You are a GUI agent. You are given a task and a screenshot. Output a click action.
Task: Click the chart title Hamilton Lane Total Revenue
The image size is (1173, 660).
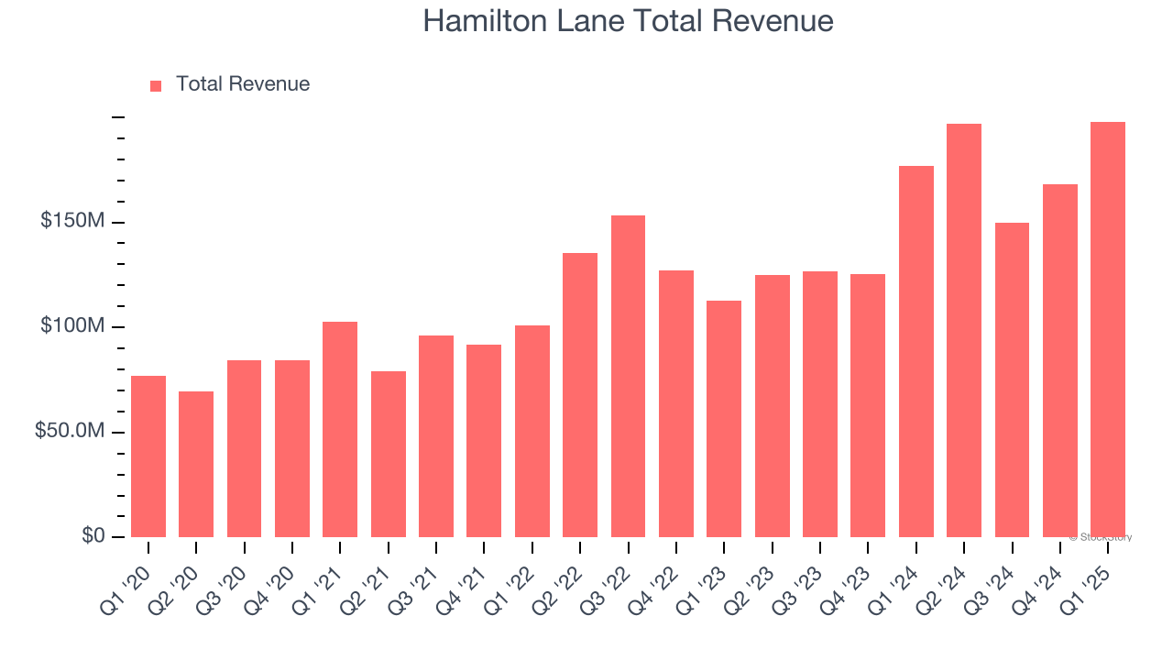click(x=628, y=21)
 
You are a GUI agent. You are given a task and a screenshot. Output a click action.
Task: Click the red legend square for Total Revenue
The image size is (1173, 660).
click(x=156, y=85)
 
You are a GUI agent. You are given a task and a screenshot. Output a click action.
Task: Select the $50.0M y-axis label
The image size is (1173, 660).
click(x=70, y=431)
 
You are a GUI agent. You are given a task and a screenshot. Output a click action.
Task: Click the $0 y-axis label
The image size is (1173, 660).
click(x=93, y=535)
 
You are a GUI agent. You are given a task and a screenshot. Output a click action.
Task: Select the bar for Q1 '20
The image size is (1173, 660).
click(x=148, y=456)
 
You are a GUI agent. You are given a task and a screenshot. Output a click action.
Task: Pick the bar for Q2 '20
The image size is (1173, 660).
click(x=196, y=464)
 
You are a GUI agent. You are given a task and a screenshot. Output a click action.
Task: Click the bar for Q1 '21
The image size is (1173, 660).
click(x=340, y=429)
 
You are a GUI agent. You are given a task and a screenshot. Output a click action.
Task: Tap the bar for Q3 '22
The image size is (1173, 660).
click(x=628, y=376)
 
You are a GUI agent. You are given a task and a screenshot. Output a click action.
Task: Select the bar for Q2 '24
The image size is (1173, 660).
click(x=964, y=330)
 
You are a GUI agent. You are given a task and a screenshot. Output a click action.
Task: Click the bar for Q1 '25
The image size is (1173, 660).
click(x=1108, y=329)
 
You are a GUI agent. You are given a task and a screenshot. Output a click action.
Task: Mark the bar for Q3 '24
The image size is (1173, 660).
click(x=1012, y=379)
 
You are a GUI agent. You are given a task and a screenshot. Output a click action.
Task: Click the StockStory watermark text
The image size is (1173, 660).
click(x=1101, y=537)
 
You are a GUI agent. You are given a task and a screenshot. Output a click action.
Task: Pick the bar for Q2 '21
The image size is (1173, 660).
click(x=389, y=454)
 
